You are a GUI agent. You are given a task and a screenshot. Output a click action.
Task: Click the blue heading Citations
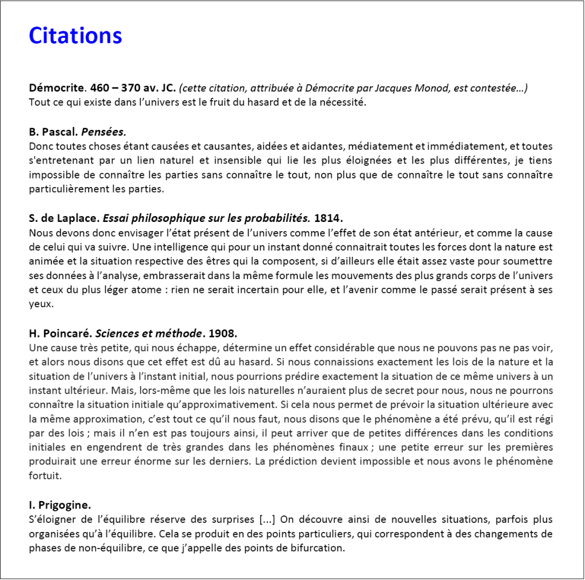tap(75, 35)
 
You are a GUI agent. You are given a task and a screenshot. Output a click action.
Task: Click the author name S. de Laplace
tap(63, 219)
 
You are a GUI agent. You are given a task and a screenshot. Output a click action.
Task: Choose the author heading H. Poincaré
tap(60, 333)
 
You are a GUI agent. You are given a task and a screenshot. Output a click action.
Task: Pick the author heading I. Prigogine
tap(59, 505)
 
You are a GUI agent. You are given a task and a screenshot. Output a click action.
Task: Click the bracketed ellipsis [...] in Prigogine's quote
tap(268, 519)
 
